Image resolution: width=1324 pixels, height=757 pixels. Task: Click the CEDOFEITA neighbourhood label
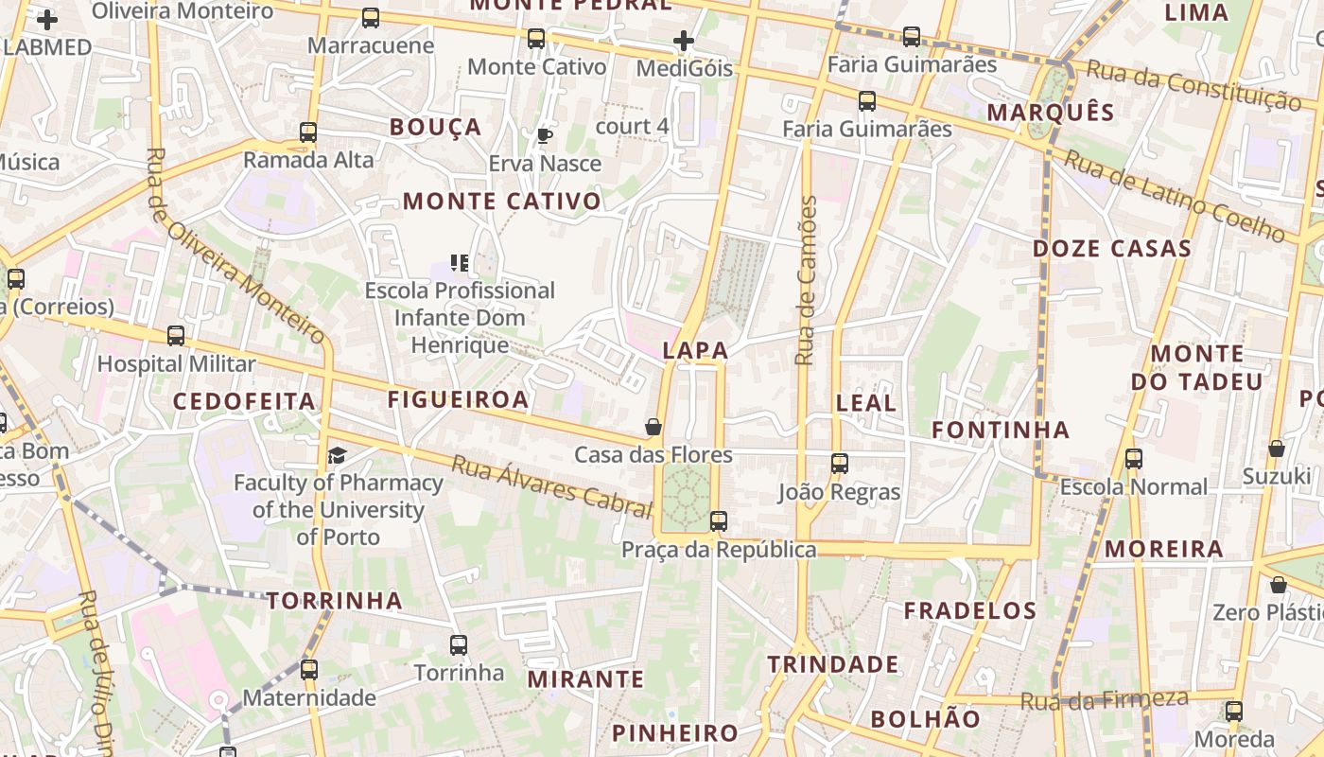click(244, 401)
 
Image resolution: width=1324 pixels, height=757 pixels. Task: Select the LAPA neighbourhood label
click(696, 350)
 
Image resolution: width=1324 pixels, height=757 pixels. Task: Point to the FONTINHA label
click(1001, 431)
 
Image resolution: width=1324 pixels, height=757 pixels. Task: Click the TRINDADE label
click(833, 664)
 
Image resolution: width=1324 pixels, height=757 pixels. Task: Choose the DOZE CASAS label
click(1111, 249)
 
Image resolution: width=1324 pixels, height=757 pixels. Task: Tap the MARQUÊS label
click(1051, 113)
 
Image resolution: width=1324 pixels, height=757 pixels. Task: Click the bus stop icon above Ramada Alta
click(308, 132)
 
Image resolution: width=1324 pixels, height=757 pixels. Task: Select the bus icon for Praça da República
click(719, 520)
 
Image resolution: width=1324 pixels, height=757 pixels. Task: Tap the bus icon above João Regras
click(840, 463)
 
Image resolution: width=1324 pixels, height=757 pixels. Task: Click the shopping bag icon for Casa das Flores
click(653, 427)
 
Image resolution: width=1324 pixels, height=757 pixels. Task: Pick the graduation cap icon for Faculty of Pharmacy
click(338, 456)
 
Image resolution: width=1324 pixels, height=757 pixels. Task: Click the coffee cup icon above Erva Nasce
click(545, 135)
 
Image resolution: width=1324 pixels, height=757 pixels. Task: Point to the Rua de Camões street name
click(806, 280)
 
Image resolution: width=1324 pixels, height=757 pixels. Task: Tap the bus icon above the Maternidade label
click(309, 670)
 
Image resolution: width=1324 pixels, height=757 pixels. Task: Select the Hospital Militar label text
click(177, 363)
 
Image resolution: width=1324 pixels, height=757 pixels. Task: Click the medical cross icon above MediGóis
click(684, 41)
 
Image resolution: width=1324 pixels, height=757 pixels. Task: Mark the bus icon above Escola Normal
click(1133, 459)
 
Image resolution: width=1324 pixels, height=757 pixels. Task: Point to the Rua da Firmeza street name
click(1104, 700)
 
